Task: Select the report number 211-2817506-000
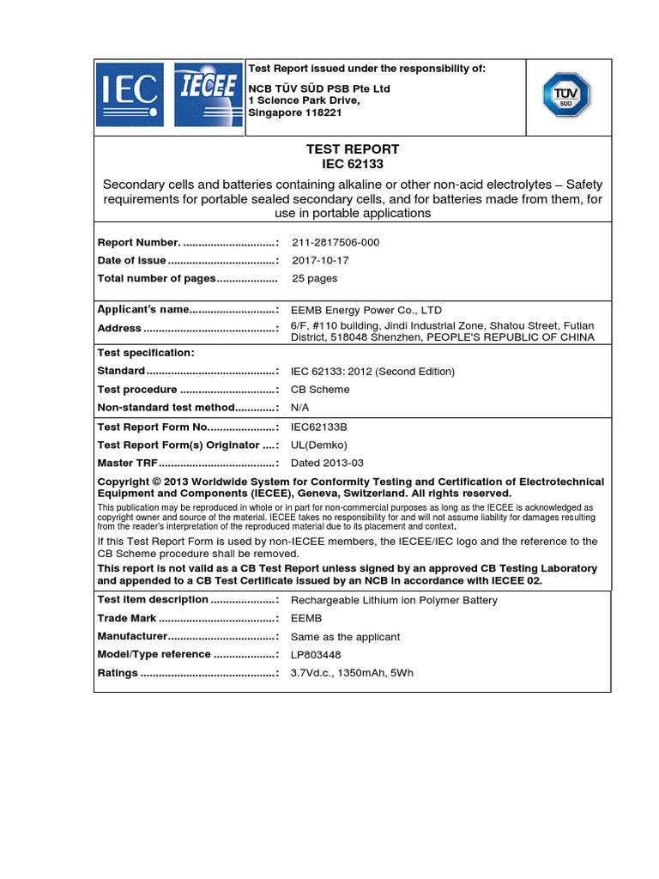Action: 336,242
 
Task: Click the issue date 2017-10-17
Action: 321,260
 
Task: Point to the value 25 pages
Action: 315,278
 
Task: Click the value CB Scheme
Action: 320,389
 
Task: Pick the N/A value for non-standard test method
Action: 300,407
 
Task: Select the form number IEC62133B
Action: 319,427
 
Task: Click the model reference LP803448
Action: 318,654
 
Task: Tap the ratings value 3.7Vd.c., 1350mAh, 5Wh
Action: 352,673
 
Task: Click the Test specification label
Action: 146,353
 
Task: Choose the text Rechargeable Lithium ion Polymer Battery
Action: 394,600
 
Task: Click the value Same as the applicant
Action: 345,637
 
